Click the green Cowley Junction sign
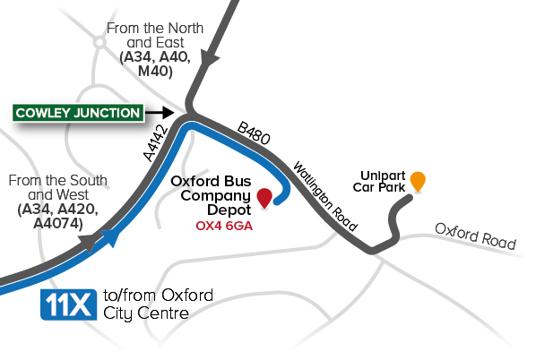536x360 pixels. click(78, 113)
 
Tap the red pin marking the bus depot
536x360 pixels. click(264, 197)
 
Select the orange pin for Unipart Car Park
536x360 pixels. click(418, 181)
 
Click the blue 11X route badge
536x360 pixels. click(68, 304)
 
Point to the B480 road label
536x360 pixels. click(254, 133)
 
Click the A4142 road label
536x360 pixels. click(156, 143)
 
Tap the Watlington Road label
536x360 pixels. click(325, 196)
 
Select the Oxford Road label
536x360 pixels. click(475, 236)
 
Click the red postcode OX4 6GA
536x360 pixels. click(224, 226)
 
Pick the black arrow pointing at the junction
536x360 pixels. click(160, 112)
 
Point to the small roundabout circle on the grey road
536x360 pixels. click(99, 42)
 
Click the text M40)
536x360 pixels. click(155, 72)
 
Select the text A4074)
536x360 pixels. click(58, 224)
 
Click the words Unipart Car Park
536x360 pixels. click(379, 182)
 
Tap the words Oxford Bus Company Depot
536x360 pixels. click(211, 195)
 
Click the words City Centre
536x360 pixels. click(146, 313)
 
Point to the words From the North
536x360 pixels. click(155, 28)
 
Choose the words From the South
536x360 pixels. click(57, 180)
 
